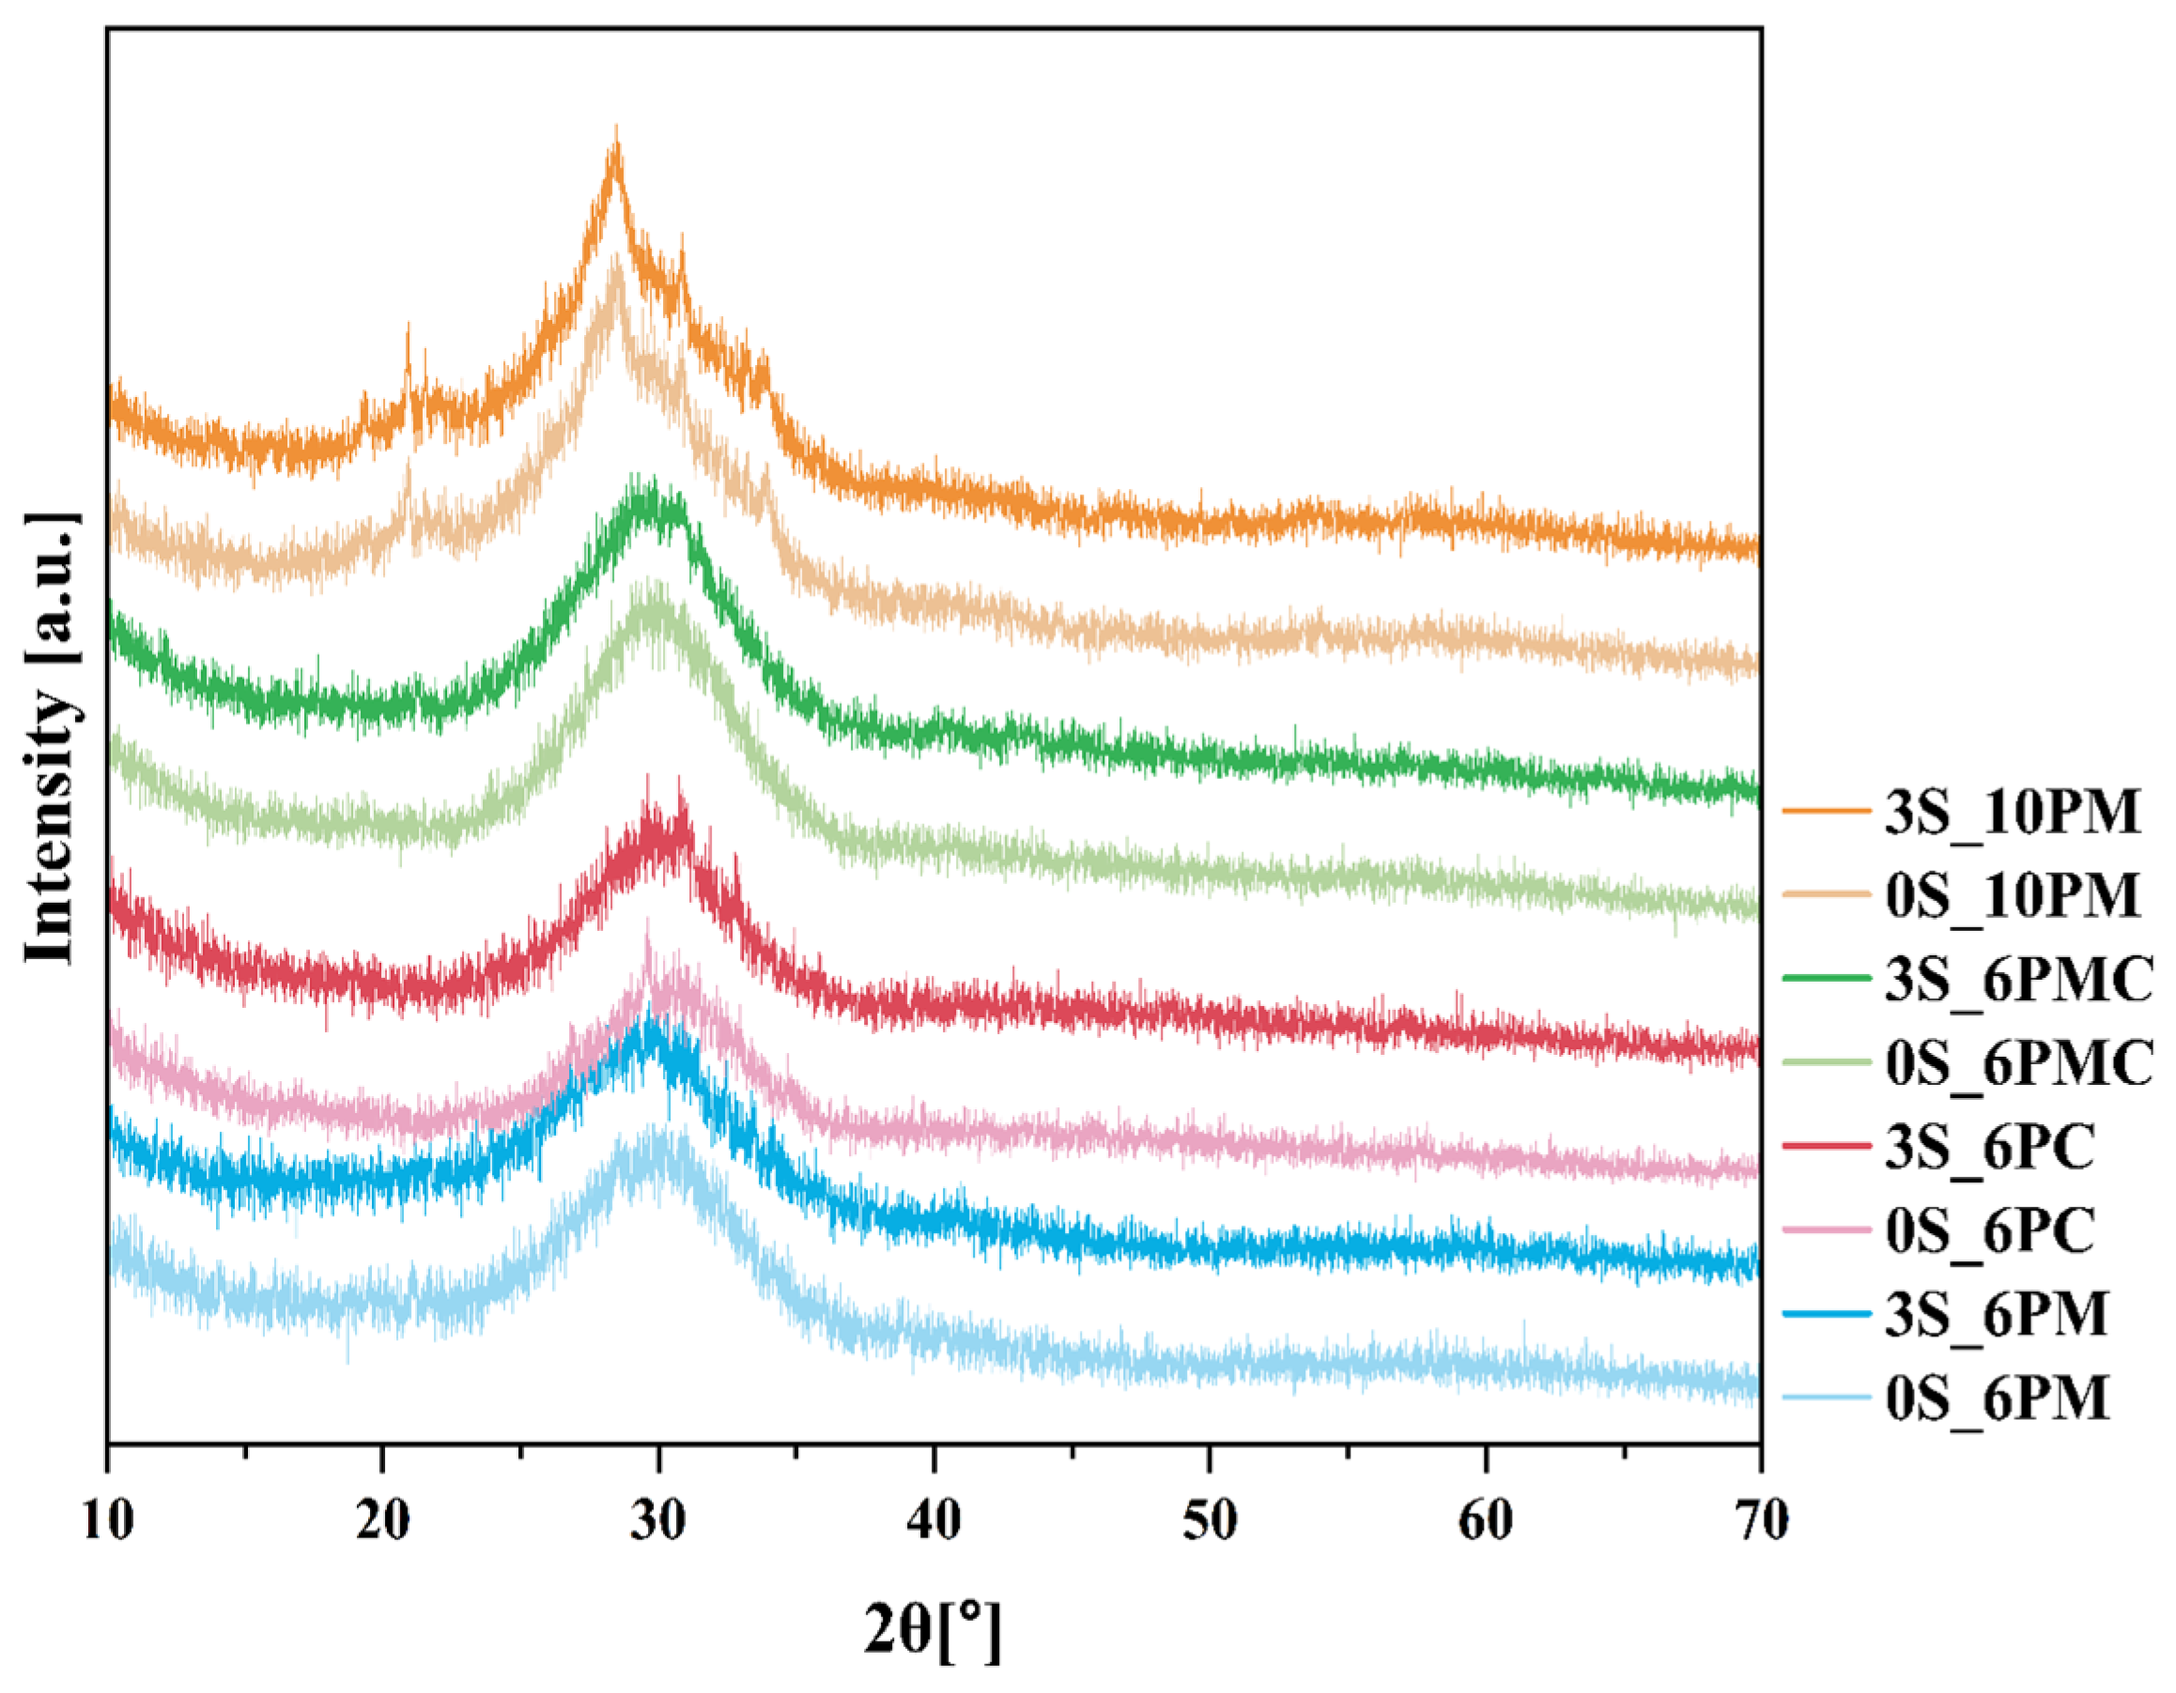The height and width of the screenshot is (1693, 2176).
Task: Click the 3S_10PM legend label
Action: pyautogui.click(x=2012, y=812)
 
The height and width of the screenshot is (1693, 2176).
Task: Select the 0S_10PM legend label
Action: pyautogui.click(x=2012, y=895)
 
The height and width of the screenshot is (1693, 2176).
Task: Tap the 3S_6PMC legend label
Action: pyautogui.click(x=2018, y=979)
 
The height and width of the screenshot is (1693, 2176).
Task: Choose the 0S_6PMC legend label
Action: pyautogui.click(x=2018, y=1062)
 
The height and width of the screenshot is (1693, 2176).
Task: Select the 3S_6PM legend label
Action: pyautogui.click(x=1997, y=1315)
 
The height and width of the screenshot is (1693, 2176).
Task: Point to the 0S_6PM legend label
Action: pyautogui.click(x=1997, y=1398)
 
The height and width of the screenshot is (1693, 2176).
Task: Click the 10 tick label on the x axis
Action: pyautogui.click(x=108, y=1521)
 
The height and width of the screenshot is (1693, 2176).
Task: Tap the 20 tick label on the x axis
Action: pyautogui.click(x=382, y=1521)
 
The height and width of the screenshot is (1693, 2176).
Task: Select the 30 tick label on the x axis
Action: pyautogui.click(x=658, y=1521)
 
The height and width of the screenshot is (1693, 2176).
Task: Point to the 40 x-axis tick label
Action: pyautogui.click(x=934, y=1521)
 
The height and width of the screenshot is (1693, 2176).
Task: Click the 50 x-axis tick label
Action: pyautogui.click(x=1210, y=1521)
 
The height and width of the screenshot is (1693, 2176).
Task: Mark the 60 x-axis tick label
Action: pyautogui.click(x=1486, y=1521)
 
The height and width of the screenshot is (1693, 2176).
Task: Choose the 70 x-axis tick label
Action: pyautogui.click(x=1761, y=1521)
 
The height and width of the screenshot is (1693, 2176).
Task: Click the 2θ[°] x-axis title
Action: pyautogui.click(x=933, y=1630)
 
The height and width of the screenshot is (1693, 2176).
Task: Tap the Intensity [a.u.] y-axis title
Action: pyautogui.click(x=50, y=738)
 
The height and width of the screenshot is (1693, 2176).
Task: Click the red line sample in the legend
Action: pyautogui.click(x=1827, y=1147)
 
